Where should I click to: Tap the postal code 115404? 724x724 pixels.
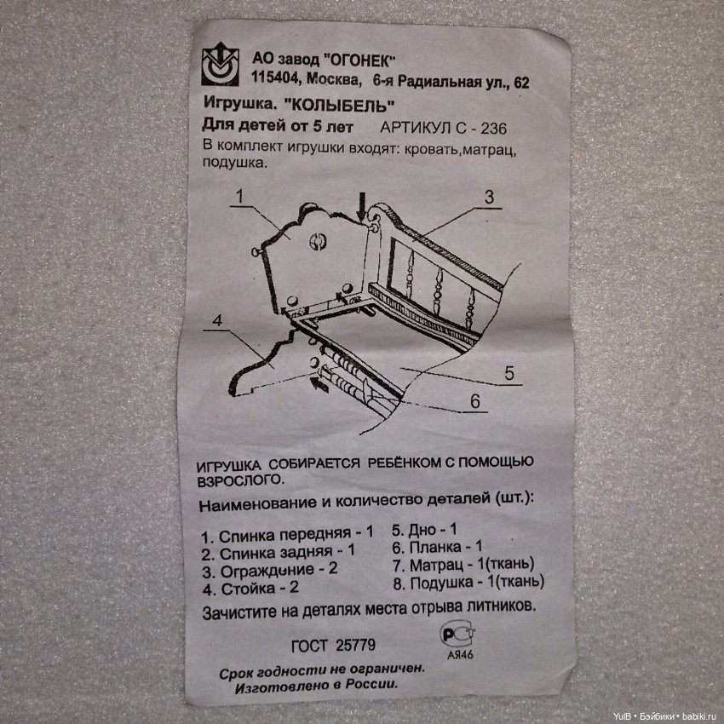click(274, 78)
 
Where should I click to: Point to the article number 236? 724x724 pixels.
click(493, 128)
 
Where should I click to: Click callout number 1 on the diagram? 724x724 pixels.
click(239, 196)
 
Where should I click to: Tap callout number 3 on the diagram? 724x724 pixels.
click(489, 197)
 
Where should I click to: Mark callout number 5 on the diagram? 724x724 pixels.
click(509, 372)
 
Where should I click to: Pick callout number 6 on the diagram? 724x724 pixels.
click(475, 401)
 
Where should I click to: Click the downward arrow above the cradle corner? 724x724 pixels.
click(361, 206)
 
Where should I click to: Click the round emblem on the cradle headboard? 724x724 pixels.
click(317, 241)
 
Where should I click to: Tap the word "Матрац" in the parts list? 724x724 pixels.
click(436, 565)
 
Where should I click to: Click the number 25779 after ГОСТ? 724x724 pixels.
click(355, 645)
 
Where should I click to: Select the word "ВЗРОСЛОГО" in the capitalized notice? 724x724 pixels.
click(239, 480)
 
